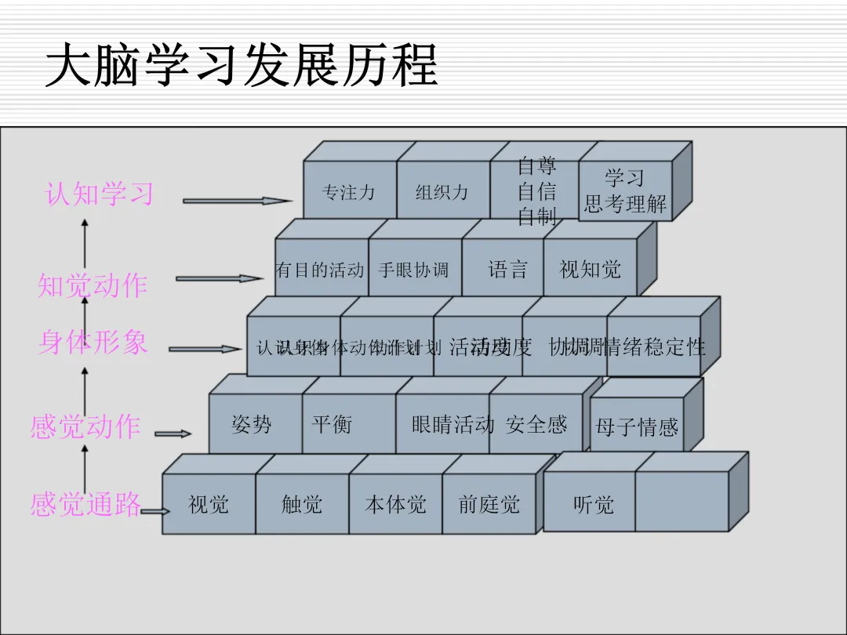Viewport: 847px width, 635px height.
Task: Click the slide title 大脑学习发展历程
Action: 242,66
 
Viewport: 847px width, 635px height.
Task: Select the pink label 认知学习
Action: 100,194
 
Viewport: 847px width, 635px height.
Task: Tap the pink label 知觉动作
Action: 93,285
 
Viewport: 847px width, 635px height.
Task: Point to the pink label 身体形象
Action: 93,342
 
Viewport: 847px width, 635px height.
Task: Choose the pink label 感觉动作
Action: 85,426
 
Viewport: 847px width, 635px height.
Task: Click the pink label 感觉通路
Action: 85,504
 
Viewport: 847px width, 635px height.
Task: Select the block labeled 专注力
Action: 349,191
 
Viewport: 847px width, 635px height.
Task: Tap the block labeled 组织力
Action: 442,191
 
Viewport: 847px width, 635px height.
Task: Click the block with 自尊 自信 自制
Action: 536,190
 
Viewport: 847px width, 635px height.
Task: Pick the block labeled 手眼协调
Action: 414,270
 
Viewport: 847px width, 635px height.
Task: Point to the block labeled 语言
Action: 507,270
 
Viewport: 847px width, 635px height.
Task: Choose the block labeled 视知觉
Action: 590,270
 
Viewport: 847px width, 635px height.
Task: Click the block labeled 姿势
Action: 253,425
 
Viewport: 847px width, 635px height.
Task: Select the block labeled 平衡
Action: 333,425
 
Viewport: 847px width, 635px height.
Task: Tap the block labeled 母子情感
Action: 636,427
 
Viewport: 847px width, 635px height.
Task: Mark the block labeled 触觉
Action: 302,504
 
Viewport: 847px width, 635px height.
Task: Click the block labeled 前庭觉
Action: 489,504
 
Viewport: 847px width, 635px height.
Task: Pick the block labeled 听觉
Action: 593,504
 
